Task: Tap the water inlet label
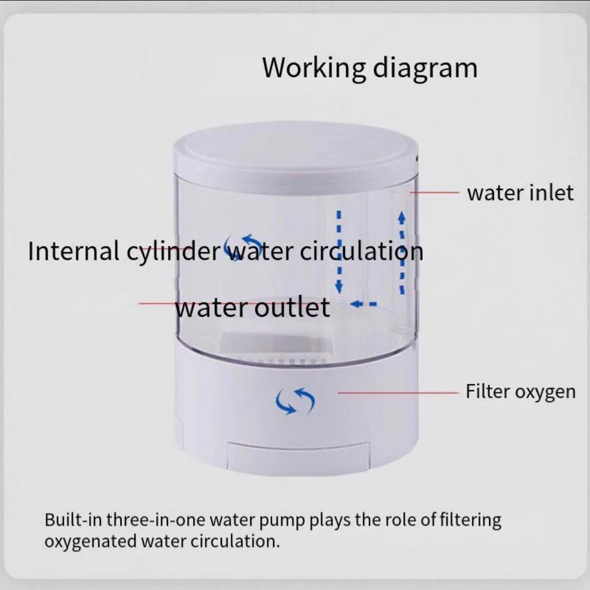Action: (520, 192)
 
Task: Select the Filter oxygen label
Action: (521, 392)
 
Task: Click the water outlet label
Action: (253, 307)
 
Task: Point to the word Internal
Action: (74, 251)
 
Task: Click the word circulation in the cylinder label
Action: (361, 251)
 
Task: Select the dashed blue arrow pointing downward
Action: (339, 252)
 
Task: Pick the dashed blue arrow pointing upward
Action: (402, 253)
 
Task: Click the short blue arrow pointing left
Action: (363, 303)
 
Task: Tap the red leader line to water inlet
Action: (435, 192)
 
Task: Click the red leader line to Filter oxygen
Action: (399, 392)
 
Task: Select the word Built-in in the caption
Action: (72, 520)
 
